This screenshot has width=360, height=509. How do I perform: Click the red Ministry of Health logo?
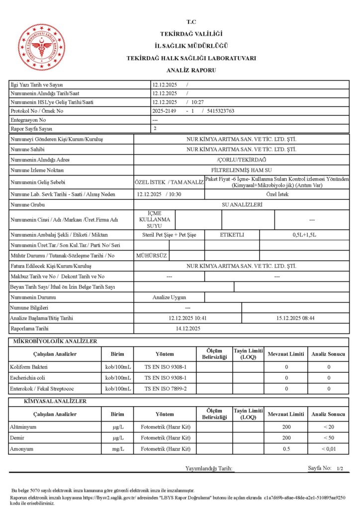click(x=42, y=48)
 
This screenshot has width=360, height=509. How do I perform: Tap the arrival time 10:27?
click(x=205, y=102)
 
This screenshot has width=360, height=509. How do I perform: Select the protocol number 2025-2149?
click(x=164, y=111)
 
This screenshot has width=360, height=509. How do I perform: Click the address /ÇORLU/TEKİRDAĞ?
click(x=242, y=160)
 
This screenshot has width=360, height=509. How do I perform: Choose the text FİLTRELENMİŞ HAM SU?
click(x=242, y=170)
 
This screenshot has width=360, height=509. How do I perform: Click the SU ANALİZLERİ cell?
click(x=242, y=204)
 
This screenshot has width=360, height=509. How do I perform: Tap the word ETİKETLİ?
click(x=232, y=234)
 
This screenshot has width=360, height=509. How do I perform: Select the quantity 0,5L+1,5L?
click(x=304, y=234)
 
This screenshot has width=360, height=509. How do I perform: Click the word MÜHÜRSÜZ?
click(x=152, y=255)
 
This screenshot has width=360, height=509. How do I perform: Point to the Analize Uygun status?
click(x=169, y=297)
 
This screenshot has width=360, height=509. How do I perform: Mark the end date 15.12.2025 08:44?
click(x=295, y=318)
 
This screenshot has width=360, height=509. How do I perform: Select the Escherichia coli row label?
click(x=28, y=377)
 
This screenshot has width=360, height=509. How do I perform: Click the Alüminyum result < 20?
click(x=328, y=427)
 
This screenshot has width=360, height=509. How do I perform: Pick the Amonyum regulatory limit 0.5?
click(x=286, y=449)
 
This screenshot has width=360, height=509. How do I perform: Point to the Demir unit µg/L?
click(x=118, y=438)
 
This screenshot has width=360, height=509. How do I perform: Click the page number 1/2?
click(x=340, y=469)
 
